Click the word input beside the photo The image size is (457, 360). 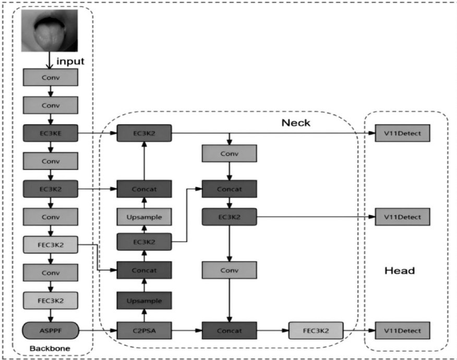tap(70, 62)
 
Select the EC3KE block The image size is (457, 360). tap(51, 134)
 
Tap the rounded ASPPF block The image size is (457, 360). tap(51, 330)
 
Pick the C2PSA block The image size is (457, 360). tap(144, 330)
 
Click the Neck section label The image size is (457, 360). tap(296, 123)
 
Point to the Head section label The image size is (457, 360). tap(400, 270)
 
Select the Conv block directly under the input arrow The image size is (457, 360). tap(51, 77)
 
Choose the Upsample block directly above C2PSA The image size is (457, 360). tap(144, 301)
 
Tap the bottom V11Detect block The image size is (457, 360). tap(402, 330)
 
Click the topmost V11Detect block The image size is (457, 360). tap(402, 134)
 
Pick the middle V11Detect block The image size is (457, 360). tap(402, 217)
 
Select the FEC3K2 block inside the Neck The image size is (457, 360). tap(316, 330)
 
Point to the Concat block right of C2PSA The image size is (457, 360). tap(230, 330)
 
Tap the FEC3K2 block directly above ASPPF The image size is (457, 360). tap(51, 300)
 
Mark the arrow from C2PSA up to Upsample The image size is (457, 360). tap(144, 315)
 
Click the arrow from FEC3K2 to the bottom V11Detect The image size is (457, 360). tap(359, 330)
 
